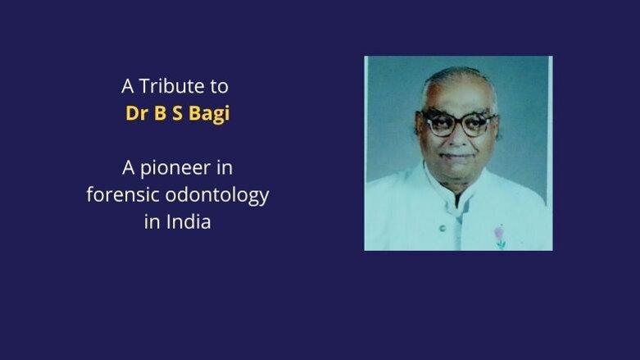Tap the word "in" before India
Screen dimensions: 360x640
click(x=152, y=221)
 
